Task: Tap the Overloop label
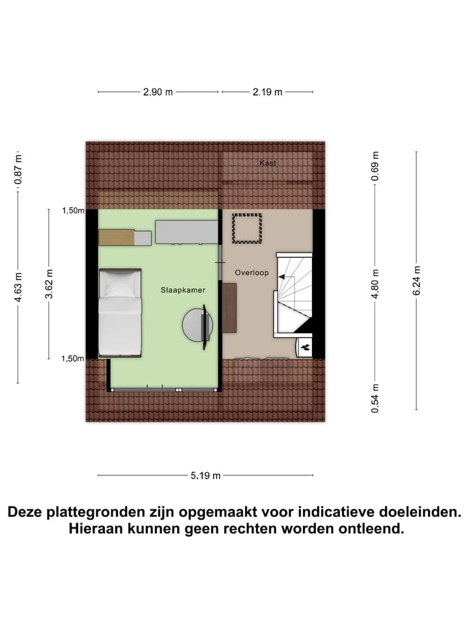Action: point(251,273)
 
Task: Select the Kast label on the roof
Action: point(268,163)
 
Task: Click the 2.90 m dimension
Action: point(158,92)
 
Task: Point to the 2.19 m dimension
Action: point(267,92)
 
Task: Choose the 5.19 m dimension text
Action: point(205,475)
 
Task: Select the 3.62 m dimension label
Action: point(49,284)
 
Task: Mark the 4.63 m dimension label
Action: point(18,287)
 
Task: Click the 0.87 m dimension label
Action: point(18,171)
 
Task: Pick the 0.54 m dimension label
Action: point(375,398)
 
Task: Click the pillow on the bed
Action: point(119,285)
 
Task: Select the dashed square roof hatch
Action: point(247,229)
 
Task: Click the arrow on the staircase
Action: point(283,277)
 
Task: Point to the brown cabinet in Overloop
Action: point(229,308)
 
